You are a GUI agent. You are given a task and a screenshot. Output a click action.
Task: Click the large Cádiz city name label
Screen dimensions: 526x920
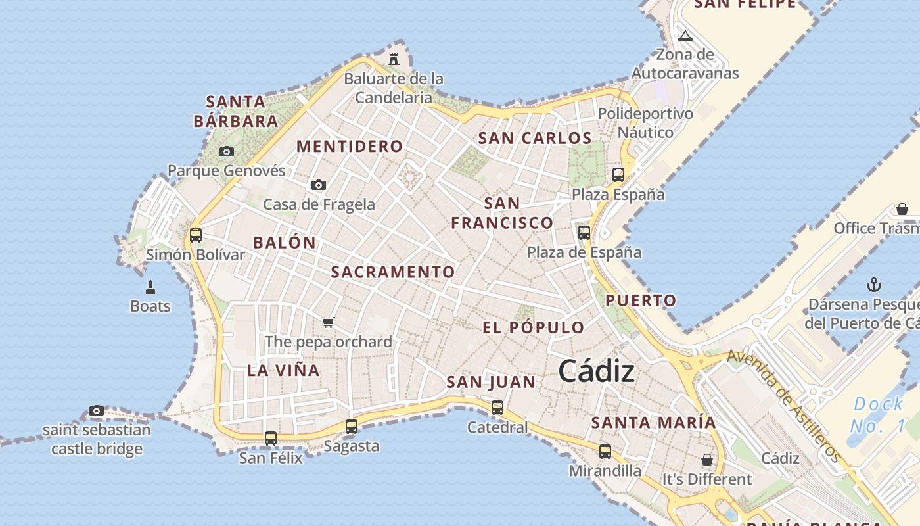pos(596,371)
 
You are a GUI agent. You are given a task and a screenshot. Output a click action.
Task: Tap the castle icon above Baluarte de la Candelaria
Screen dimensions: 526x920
pos(394,59)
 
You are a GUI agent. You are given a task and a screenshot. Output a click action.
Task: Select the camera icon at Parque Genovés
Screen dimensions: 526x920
pos(227,152)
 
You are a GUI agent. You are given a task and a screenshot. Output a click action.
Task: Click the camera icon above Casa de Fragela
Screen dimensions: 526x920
pos(319,185)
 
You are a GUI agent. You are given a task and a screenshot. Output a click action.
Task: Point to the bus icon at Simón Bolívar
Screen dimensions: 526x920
pos(195,235)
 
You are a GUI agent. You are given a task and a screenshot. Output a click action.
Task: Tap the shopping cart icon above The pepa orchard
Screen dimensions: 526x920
pos(329,322)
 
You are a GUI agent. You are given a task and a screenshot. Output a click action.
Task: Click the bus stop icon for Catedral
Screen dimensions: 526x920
pos(497,408)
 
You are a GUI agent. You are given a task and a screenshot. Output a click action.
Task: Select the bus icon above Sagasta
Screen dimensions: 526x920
pos(352,427)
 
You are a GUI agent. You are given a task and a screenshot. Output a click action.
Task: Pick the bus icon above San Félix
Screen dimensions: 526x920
pos(270,438)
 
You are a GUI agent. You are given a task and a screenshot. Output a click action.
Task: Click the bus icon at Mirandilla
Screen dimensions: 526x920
pos(605,452)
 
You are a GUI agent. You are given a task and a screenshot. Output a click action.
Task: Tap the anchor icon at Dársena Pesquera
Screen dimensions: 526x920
pos(873,285)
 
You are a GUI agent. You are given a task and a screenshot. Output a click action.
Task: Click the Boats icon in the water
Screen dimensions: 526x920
pos(150,287)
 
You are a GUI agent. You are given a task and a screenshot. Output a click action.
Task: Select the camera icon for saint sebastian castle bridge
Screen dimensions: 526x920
pos(97,411)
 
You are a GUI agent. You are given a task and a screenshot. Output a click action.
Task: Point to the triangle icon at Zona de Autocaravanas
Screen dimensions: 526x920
pos(685,36)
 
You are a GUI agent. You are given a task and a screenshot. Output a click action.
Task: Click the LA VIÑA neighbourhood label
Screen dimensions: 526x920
pos(283,370)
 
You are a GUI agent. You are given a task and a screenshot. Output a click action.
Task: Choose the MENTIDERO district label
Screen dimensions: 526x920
pos(350,146)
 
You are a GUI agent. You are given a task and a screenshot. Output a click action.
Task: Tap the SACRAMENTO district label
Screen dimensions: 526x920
pos(393,272)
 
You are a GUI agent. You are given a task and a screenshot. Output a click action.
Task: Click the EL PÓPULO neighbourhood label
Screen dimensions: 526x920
pos(533,327)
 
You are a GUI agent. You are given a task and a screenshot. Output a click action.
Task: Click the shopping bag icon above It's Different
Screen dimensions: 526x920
pos(707,460)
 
